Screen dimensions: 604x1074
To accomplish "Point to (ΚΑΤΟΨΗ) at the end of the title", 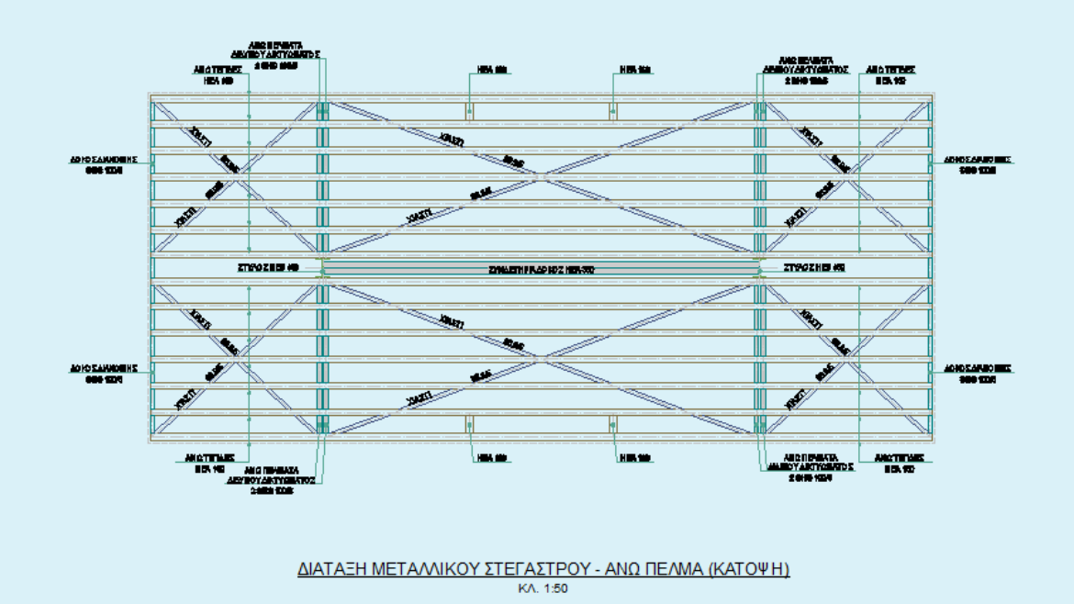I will [x=749, y=570].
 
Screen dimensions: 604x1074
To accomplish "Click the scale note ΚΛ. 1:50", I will [x=542, y=588].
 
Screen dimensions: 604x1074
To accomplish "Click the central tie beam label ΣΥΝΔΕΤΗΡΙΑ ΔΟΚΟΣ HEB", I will [x=542, y=270].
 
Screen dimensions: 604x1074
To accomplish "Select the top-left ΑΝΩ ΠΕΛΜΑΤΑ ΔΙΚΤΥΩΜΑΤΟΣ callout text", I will [x=275, y=54].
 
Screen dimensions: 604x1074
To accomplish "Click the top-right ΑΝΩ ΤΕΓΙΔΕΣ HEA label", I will [x=889, y=74].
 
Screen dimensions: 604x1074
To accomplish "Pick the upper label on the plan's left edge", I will [x=104, y=164].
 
